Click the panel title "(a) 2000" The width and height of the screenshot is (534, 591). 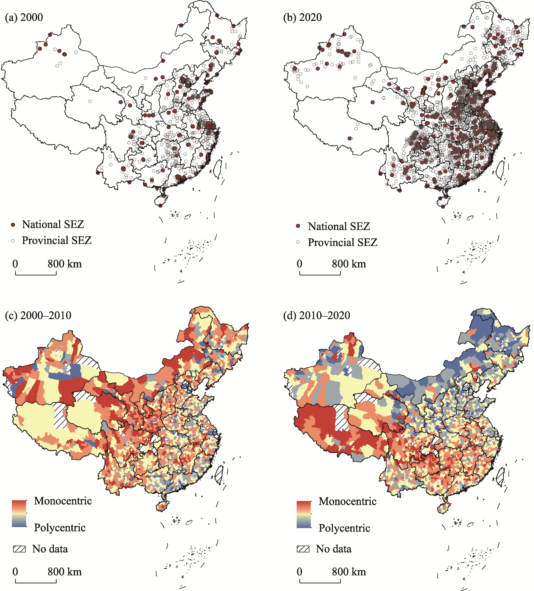tap(24, 18)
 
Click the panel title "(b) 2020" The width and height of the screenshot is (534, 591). tap(302, 18)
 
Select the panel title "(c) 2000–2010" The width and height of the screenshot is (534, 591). tap(38, 316)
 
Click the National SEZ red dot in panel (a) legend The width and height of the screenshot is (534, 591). tap(13, 225)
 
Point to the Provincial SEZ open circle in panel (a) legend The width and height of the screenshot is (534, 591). tap(13, 241)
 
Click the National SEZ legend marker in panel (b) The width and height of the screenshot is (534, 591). tap(298, 226)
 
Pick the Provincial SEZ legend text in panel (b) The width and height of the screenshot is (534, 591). tap(342, 242)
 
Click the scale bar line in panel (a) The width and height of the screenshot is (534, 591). tap(36, 274)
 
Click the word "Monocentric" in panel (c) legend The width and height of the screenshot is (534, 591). tap(63, 501)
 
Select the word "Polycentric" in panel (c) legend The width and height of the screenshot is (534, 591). tap(60, 528)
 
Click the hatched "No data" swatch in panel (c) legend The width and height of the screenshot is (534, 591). tap(19, 549)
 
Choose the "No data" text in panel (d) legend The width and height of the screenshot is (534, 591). tap(334, 549)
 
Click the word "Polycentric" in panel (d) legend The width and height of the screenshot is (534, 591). tap(344, 528)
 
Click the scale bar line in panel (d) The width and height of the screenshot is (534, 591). tap(320, 582)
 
